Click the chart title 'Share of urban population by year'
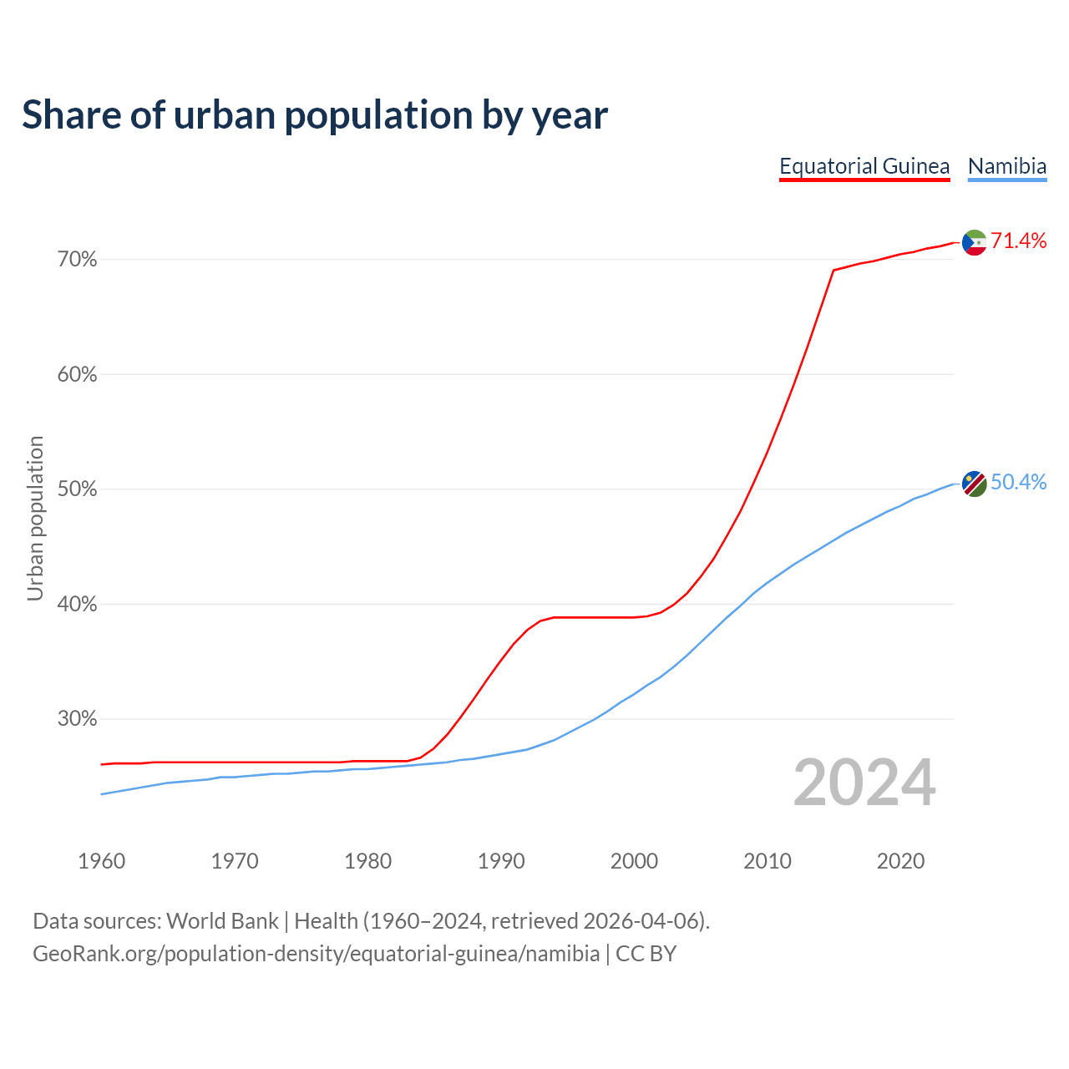pos(315,115)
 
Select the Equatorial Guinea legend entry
pos(864,166)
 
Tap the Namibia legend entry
pos(1007,166)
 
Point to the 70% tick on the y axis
pos(77,260)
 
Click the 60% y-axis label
pos(77,375)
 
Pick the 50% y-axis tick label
pos(77,489)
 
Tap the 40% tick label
pos(77,604)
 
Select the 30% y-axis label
pos(77,719)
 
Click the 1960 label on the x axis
pos(101,861)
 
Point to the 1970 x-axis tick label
pos(235,861)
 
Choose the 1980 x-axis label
pos(367,861)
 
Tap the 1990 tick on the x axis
pos(501,861)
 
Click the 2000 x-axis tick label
pos(634,861)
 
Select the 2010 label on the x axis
pos(768,861)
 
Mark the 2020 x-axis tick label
pos(900,861)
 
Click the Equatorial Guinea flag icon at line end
pos(975,242)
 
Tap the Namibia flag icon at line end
pos(975,484)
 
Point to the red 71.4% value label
pos(1018,241)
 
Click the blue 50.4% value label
pos(1018,483)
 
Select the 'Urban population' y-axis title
pos(35,518)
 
